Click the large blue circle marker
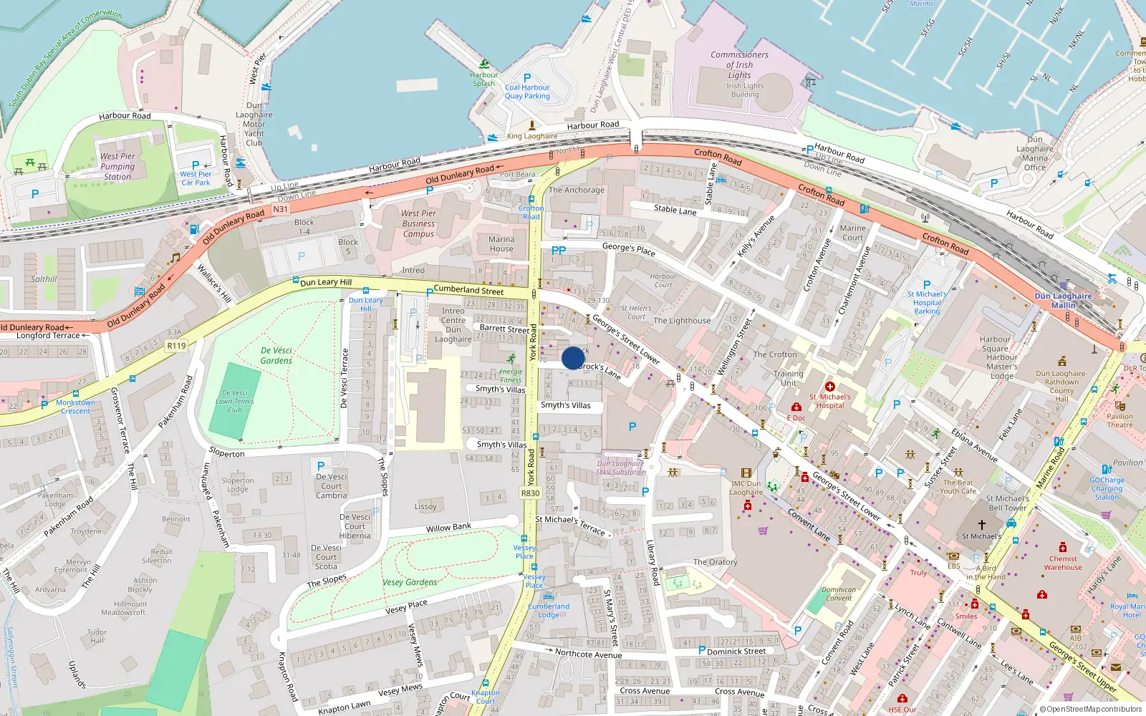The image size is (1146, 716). click(x=573, y=358)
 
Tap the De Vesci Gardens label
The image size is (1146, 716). click(x=276, y=356)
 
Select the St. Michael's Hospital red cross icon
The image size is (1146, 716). click(x=830, y=387)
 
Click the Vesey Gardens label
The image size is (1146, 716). click(x=410, y=582)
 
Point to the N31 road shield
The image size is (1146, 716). click(x=280, y=210)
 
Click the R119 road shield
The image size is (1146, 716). click(x=176, y=346)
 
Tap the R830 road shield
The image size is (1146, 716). click(x=531, y=493)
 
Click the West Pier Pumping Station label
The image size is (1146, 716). click(x=117, y=166)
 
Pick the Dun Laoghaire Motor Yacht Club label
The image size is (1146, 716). click(x=254, y=124)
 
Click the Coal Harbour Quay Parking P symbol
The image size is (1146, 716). click(x=527, y=78)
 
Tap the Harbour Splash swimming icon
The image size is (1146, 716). click(x=485, y=64)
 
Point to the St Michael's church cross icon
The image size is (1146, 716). click(x=982, y=525)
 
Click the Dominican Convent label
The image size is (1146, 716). click(x=839, y=594)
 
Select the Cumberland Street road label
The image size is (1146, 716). click(x=468, y=290)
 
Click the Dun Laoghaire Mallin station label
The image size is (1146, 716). click(x=1064, y=300)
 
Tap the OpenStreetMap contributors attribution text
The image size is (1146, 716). click(x=1091, y=710)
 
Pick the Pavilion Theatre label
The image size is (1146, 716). click(x=1119, y=420)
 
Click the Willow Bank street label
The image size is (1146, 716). click(x=448, y=528)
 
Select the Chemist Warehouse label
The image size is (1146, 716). click(x=1063, y=563)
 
